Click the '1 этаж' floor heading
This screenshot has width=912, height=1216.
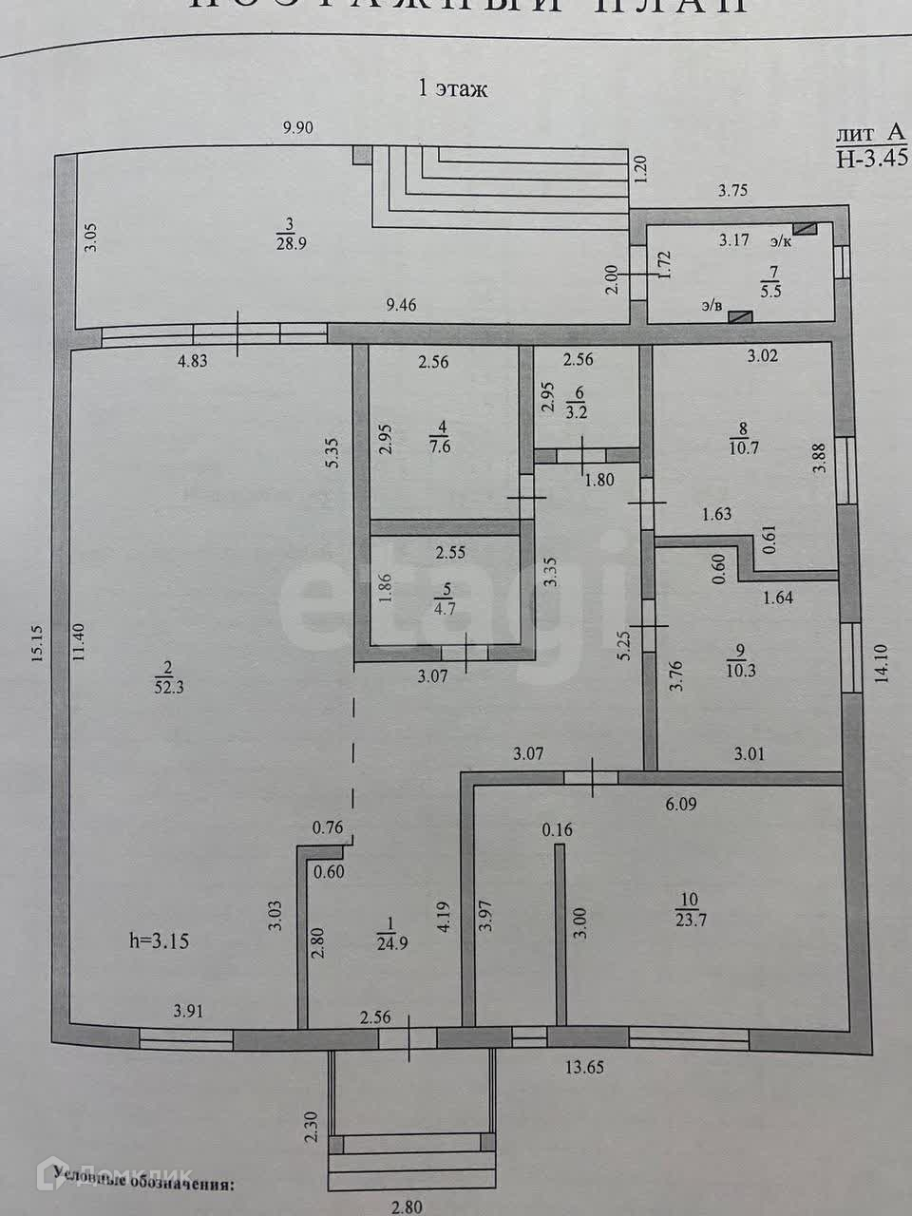453,89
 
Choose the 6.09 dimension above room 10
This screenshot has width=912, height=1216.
680,804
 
